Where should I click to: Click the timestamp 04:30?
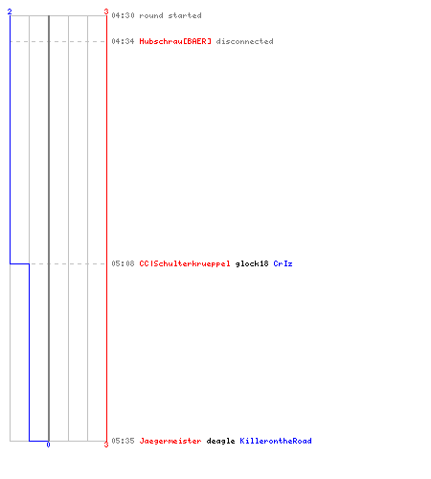[123, 15]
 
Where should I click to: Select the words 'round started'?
[170, 15]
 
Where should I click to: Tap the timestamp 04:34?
[123, 41]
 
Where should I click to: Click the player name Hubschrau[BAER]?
[175, 41]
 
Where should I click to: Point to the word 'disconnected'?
[244, 41]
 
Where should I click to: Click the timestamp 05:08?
[123, 263]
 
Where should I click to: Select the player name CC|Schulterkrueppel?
[185, 263]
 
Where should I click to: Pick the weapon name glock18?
[252, 263]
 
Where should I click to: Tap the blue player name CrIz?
[283, 263]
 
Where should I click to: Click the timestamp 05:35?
[123, 441]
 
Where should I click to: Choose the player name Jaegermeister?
[170, 441]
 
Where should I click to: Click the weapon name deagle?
[220, 441]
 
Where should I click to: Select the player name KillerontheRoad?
[276, 441]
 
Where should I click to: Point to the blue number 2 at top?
[10, 11]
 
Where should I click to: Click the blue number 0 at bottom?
[48, 445]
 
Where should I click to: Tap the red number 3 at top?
[106, 11]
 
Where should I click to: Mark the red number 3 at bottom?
[106, 445]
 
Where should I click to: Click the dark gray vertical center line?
[49, 228]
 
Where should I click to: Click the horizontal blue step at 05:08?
[19, 263]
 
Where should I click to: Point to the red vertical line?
[106, 228]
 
